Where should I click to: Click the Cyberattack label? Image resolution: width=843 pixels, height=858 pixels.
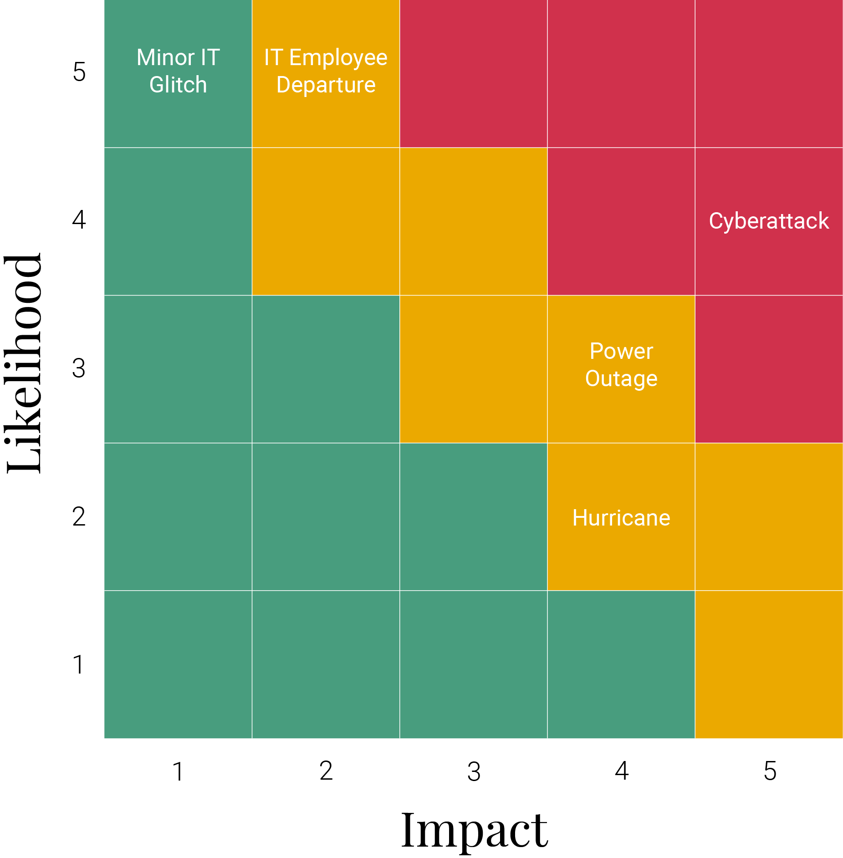(x=769, y=221)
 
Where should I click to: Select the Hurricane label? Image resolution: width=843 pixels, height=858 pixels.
(x=621, y=518)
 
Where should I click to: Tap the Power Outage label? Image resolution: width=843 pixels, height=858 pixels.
(x=621, y=365)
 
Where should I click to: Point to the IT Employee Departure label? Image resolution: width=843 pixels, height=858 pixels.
(x=326, y=71)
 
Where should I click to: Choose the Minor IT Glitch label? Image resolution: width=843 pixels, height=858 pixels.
(x=178, y=71)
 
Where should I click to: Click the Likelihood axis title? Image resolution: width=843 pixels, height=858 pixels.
(x=24, y=363)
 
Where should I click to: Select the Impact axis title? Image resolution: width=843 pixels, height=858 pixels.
(x=474, y=831)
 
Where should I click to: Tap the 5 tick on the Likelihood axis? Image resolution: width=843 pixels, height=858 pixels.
(x=79, y=72)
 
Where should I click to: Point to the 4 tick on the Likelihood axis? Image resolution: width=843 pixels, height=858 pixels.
(x=79, y=220)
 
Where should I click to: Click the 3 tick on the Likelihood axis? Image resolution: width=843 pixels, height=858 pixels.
(x=79, y=368)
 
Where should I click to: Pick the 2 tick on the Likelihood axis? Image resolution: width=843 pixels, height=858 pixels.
(x=79, y=517)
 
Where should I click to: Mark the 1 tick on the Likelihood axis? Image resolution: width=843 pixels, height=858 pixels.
(x=79, y=665)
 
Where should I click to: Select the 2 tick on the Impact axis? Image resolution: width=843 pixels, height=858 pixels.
(x=326, y=771)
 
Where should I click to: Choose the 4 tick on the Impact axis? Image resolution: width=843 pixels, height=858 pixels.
(x=622, y=771)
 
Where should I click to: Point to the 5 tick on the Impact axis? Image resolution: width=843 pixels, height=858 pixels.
(x=770, y=771)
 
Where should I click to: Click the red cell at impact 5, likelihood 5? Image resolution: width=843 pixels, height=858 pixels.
(x=769, y=74)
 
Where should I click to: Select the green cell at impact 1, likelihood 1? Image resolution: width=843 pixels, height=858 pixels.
(x=178, y=664)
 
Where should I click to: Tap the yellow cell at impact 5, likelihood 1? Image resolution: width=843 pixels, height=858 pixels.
(x=769, y=664)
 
